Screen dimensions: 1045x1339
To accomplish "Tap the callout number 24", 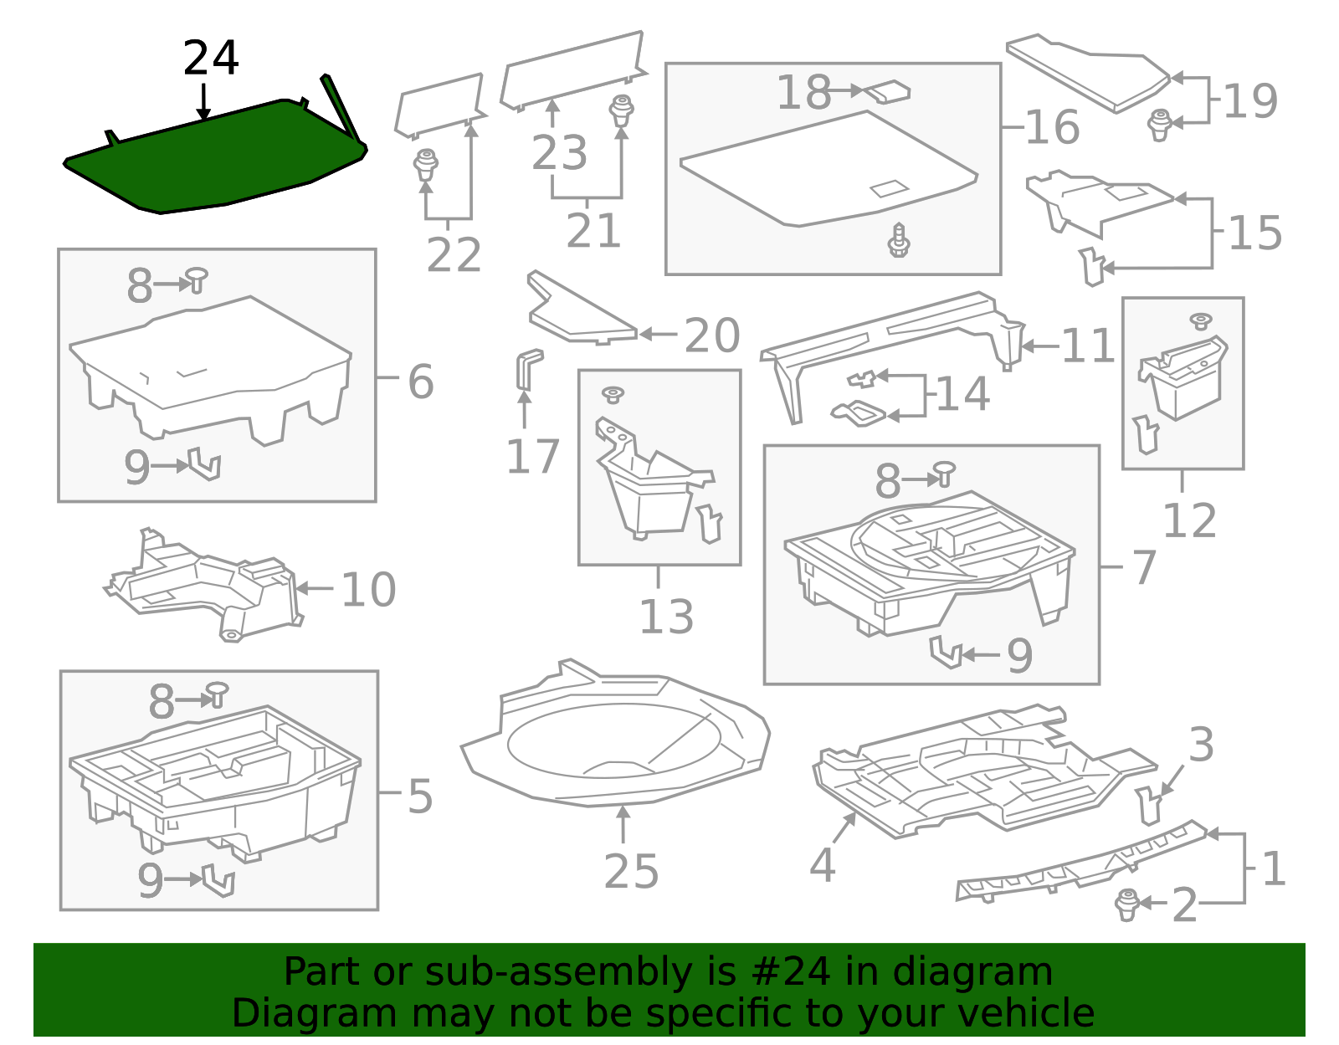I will click(211, 59).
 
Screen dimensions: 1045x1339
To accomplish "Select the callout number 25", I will click(631, 872).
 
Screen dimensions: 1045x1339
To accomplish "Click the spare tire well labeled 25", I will click(615, 736).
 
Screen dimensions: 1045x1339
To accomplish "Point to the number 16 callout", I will click(1052, 127).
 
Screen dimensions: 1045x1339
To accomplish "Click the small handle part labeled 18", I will click(887, 90).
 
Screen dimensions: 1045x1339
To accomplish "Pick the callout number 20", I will click(712, 336).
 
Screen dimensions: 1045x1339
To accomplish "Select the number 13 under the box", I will click(666, 617).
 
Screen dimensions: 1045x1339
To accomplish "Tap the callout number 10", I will click(368, 590).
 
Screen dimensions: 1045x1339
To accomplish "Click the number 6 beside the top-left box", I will click(421, 382).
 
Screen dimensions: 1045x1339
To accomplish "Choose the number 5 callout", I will click(420, 796).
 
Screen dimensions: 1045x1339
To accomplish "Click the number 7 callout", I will click(1145, 568).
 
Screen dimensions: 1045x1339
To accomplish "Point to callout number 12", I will click(1189, 521).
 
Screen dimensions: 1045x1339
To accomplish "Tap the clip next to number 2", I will click(1127, 904).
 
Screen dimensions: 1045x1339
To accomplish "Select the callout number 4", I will click(822, 865).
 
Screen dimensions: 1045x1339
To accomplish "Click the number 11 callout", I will click(1088, 346).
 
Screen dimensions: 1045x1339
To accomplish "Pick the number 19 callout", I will click(1249, 101).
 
